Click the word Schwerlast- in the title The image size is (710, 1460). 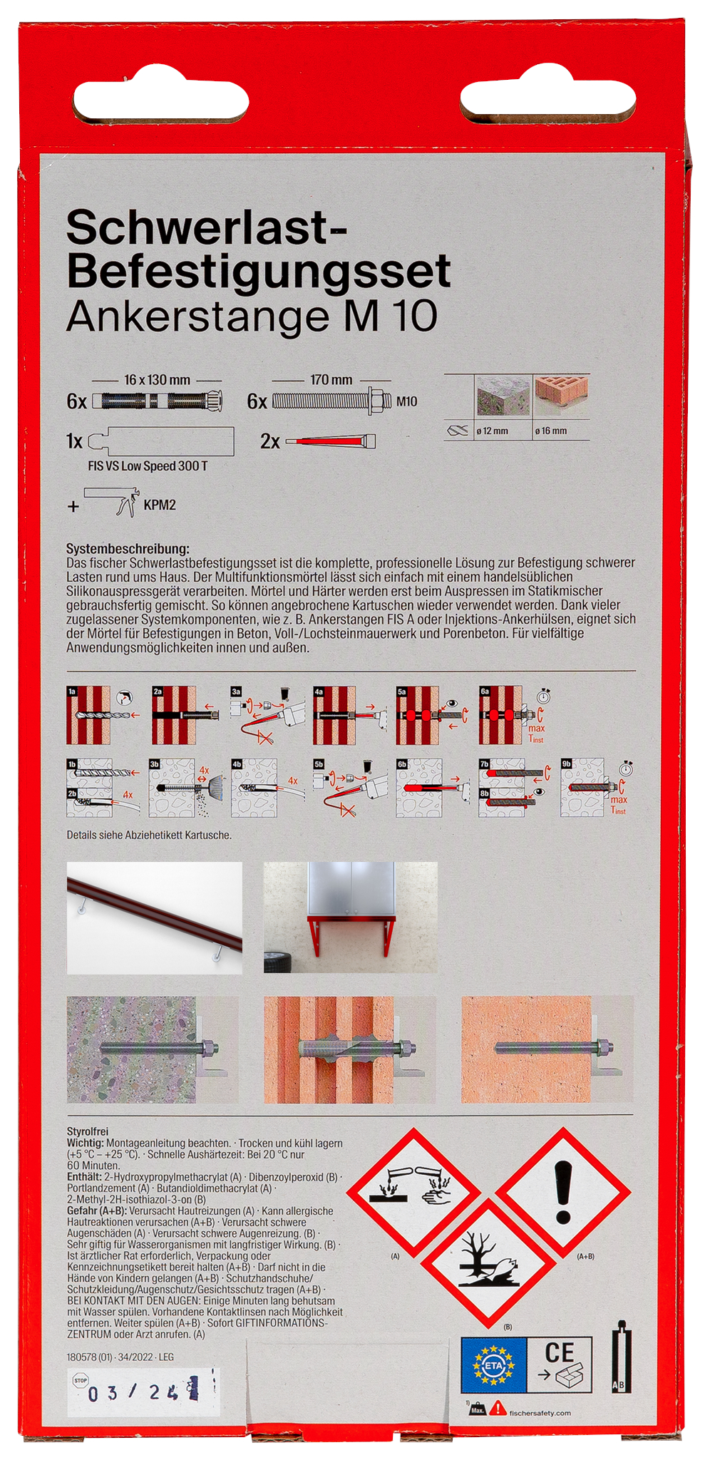(206, 228)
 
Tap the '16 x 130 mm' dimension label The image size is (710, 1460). (157, 380)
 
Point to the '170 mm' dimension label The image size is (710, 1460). (331, 380)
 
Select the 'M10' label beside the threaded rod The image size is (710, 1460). (406, 401)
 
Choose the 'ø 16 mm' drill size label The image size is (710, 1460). (551, 431)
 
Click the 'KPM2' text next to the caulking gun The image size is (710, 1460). (160, 505)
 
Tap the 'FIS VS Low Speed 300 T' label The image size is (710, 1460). (148, 466)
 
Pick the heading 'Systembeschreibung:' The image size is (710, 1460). (128, 549)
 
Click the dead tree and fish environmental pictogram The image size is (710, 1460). (488, 1263)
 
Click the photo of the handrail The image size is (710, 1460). (155, 917)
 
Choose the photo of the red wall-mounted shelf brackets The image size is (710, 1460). (351, 917)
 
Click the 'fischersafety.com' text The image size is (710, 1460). (540, 1413)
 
